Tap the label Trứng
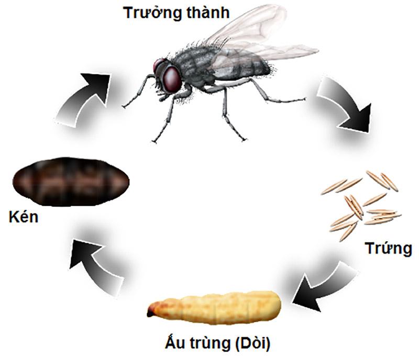(x=389, y=249)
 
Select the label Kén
(x=24, y=218)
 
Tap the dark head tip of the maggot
(x=151, y=312)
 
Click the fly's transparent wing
(x=262, y=37)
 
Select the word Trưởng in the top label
(x=147, y=13)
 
